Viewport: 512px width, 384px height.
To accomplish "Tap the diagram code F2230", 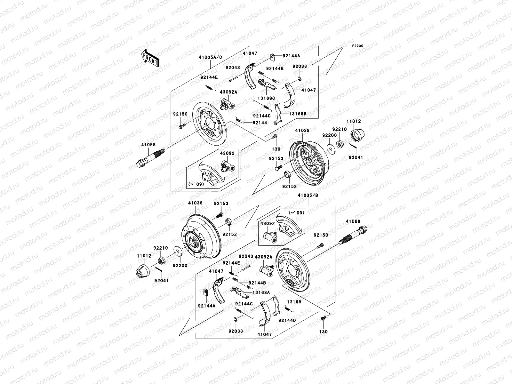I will pyautogui.click(x=358, y=46).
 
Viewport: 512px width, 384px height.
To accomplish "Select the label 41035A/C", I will pyautogui.click(x=210, y=57).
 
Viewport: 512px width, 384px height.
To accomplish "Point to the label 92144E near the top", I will pyautogui.click(x=209, y=77).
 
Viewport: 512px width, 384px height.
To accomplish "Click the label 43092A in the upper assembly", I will pyautogui.click(x=228, y=92).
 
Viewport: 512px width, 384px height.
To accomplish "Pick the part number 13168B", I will pyautogui.click(x=298, y=114).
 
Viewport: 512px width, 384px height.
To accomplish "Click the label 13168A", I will pyautogui.click(x=261, y=292).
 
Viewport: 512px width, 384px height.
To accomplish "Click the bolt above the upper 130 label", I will pyautogui.click(x=274, y=137).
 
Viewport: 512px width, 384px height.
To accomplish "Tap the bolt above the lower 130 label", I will pyautogui.click(x=323, y=319).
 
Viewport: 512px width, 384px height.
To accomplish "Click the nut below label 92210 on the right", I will pyautogui.click(x=341, y=144).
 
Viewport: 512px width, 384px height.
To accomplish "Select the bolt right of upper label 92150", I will pyautogui.click(x=181, y=126).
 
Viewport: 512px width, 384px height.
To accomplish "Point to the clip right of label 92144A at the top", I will pyautogui.click(x=273, y=57).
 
